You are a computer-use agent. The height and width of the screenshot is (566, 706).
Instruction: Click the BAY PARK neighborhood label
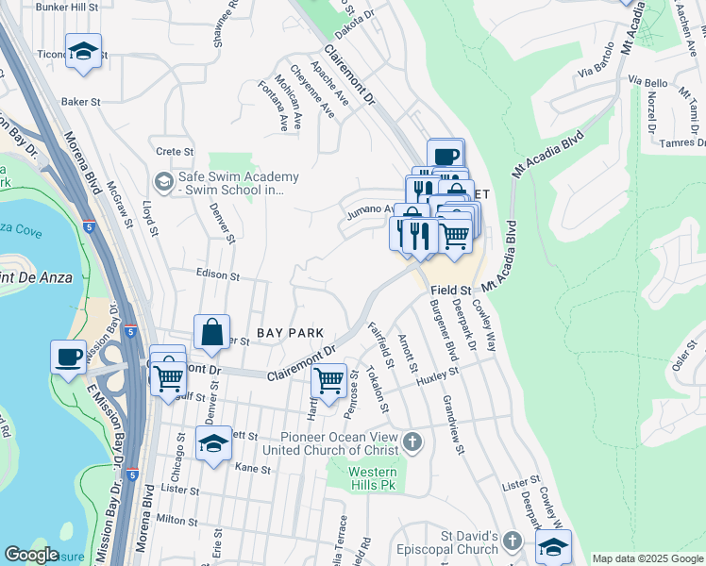coord(291,333)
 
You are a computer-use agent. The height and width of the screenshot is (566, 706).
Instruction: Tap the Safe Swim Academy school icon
coord(163,179)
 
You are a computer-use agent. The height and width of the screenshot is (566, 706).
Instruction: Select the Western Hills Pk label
coord(371,478)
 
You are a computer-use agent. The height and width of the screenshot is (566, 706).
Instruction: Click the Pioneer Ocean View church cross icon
coord(412,441)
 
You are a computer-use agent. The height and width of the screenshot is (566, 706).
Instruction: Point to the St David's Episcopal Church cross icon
coord(512,541)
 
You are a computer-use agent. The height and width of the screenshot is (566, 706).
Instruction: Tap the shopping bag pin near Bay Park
coord(212,332)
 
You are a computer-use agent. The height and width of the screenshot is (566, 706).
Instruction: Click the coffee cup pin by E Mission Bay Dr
coord(68,358)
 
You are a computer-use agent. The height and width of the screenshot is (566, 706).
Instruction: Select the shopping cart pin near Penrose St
coord(328,382)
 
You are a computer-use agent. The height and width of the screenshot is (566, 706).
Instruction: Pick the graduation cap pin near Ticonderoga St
coord(84,51)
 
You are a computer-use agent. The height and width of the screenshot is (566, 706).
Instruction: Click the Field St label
coord(451,290)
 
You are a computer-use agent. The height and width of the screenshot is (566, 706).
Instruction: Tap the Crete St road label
coord(175,151)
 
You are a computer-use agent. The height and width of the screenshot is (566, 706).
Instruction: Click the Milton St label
coord(176,520)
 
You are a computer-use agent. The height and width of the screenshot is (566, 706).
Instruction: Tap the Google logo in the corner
coord(30,555)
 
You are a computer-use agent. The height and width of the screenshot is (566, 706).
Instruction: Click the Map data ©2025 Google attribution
coord(647,558)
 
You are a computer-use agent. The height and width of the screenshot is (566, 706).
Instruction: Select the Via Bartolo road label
coord(597,70)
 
